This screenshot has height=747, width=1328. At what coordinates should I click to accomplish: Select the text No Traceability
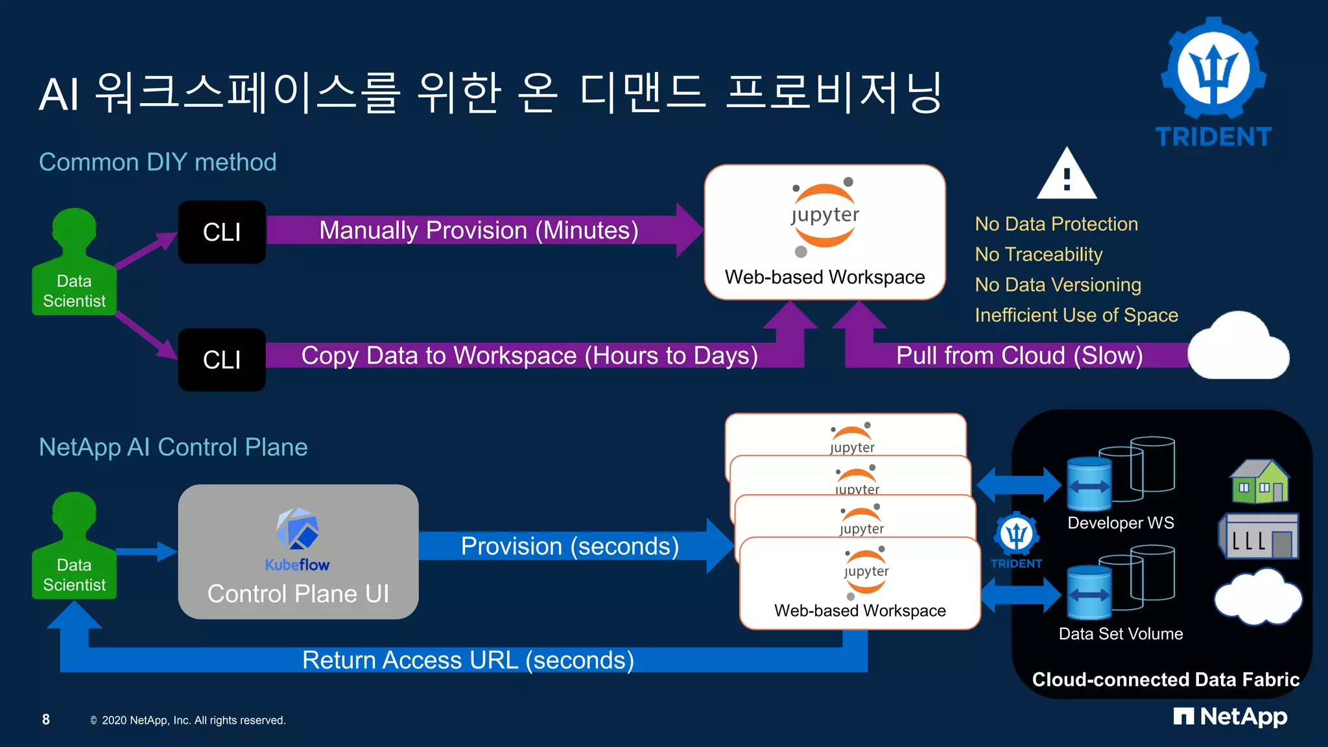(x=1038, y=254)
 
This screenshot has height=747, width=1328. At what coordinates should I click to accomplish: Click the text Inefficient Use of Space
(x=1076, y=315)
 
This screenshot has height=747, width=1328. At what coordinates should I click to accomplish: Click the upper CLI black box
(x=222, y=232)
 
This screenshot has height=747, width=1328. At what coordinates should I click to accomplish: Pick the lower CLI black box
(x=222, y=360)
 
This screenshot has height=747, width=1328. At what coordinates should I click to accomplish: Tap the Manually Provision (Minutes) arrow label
(x=479, y=231)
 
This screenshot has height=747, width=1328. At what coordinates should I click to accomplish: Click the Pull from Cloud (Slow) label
(x=1019, y=355)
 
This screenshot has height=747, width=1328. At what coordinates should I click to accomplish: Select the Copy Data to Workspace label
(x=529, y=355)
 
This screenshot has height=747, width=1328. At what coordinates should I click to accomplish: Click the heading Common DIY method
(x=158, y=162)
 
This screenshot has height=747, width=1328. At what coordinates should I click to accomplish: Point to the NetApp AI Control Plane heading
(x=173, y=447)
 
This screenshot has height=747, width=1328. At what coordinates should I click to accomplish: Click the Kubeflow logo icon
(x=298, y=528)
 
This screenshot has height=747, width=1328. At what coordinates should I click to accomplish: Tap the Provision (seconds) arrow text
(x=569, y=546)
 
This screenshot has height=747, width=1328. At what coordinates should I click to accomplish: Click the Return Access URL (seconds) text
(x=468, y=660)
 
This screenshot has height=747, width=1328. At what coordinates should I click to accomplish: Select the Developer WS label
(x=1120, y=523)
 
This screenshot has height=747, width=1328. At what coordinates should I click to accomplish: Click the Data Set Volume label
(x=1120, y=634)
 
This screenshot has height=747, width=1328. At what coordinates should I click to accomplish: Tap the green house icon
(x=1259, y=482)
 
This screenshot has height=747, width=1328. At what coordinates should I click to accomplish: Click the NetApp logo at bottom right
(x=1230, y=717)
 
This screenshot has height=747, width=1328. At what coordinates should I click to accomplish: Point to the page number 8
(x=46, y=719)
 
